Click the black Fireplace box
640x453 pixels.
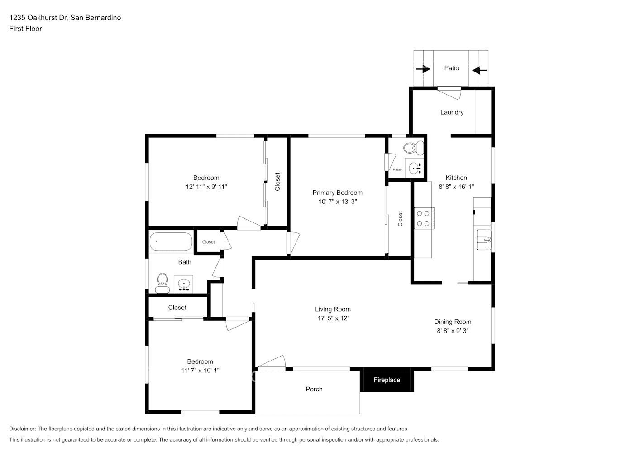[387, 380]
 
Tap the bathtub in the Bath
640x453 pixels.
[171, 241]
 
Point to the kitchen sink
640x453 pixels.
[483, 239]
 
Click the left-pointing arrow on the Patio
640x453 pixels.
[479, 70]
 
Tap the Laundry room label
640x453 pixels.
[452, 112]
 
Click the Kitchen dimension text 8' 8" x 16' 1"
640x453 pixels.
[456, 187]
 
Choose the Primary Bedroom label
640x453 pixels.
[337, 193]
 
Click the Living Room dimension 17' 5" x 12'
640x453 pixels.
[333, 318]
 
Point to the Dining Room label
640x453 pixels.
[453, 322]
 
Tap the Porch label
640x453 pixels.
[314, 389]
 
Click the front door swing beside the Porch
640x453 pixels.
[272, 362]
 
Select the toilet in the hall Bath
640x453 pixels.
[162, 283]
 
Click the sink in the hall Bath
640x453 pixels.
[184, 284]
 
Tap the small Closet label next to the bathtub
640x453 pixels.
[208, 242]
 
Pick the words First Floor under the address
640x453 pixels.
[25, 29]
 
